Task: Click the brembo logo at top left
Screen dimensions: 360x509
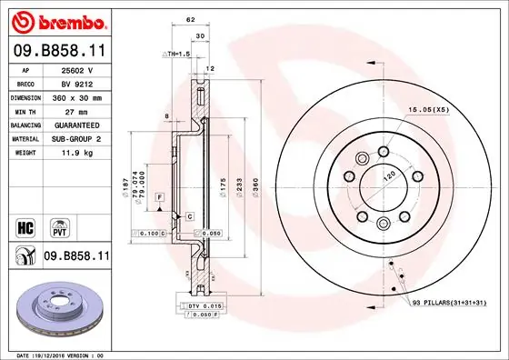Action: point(56,20)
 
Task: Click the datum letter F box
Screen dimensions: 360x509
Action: point(158,196)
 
